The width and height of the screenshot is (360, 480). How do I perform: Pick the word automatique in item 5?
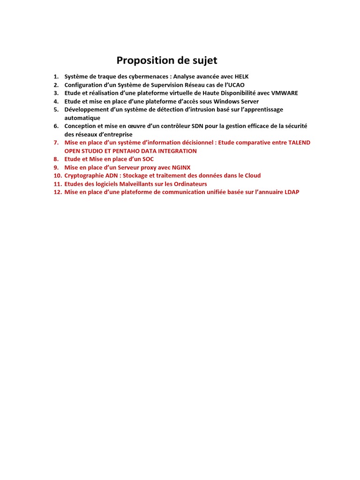tap(82, 118)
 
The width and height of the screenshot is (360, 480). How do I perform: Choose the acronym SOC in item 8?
tap(147, 159)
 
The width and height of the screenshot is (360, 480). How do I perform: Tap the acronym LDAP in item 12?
tap(291, 192)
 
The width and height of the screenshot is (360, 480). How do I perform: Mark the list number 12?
tap(57, 192)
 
